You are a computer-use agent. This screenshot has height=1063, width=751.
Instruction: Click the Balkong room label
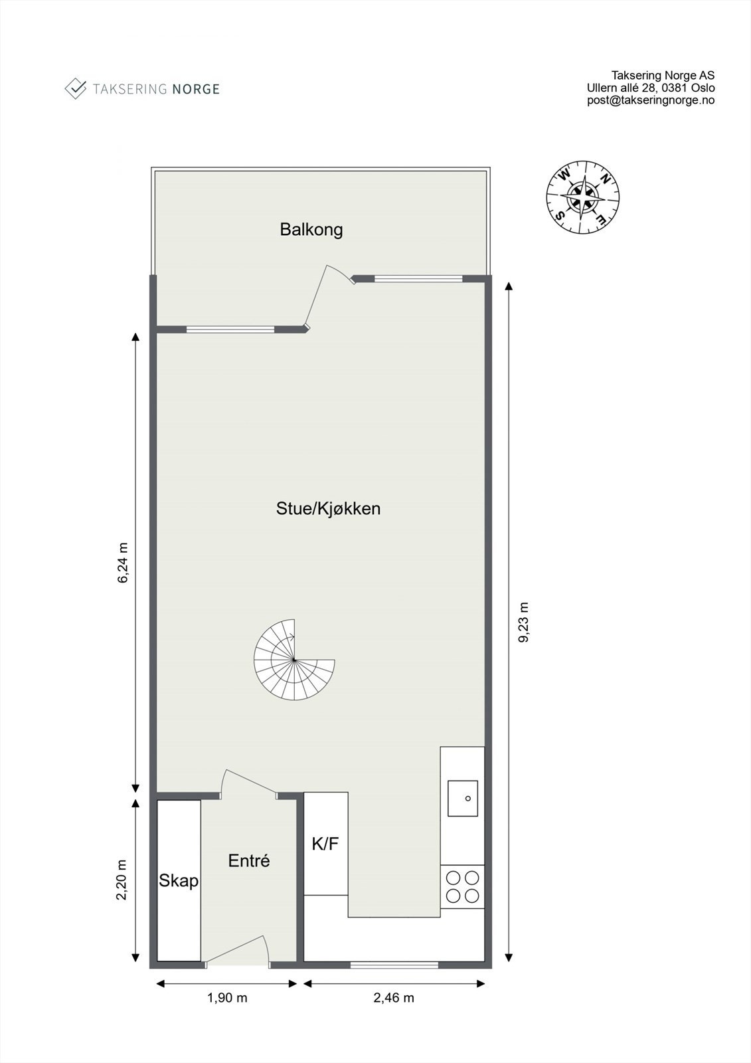[311, 230]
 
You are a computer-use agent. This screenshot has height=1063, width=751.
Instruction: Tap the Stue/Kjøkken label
[328, 509]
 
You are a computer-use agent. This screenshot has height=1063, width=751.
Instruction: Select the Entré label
[249, 861]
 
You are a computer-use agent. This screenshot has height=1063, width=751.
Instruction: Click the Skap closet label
[179, 881]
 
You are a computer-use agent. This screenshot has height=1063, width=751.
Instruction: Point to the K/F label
[325, 844]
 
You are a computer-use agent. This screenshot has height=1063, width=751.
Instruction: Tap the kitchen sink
[463, 798]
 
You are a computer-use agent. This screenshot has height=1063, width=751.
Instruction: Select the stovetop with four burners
[463, 887]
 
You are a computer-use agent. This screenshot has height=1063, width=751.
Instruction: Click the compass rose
[583, 197]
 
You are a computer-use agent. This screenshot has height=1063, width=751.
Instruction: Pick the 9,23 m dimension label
[524, 623]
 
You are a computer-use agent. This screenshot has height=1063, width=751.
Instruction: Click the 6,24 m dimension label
[123, 563]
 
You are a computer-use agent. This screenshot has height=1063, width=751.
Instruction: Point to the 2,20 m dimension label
[122, 880]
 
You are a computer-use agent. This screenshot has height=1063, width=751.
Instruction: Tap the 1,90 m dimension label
[227, 998]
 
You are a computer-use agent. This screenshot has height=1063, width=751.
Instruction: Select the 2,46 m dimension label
[394, 998]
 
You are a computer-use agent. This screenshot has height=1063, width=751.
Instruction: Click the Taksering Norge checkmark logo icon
[75, 88]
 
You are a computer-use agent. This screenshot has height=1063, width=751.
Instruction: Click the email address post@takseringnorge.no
[651, 100]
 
